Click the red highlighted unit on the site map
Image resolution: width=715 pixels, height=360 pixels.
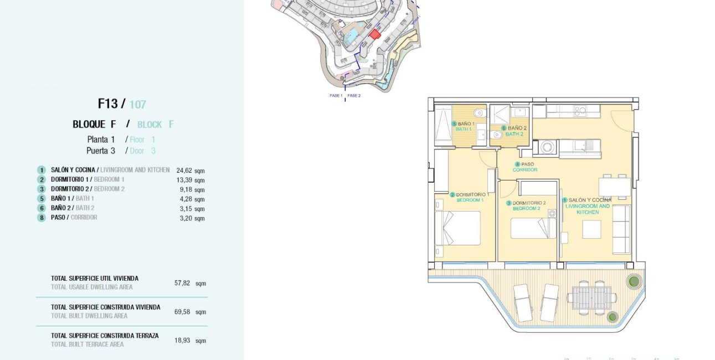coord(375,34)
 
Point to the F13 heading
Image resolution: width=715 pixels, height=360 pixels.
coord(108,104)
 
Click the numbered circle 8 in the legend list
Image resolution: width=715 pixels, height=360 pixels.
coord(41,218)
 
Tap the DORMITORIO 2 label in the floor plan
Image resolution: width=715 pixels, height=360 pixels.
coord(529,203)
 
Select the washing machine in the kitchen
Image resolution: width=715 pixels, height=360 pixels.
coord(547,147)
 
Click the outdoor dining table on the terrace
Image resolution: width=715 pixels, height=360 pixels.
coord(591,297)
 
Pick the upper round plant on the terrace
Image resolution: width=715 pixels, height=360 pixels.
coord(634,281)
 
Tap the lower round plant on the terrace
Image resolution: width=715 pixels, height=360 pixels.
coord(613,317)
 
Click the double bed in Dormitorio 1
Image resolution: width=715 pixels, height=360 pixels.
coord(457,228)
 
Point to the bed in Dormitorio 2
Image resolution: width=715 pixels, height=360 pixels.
coord(533,228)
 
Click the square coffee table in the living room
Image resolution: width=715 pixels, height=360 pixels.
coord(591,229)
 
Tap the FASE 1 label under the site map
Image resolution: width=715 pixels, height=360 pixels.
coord(336,96)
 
